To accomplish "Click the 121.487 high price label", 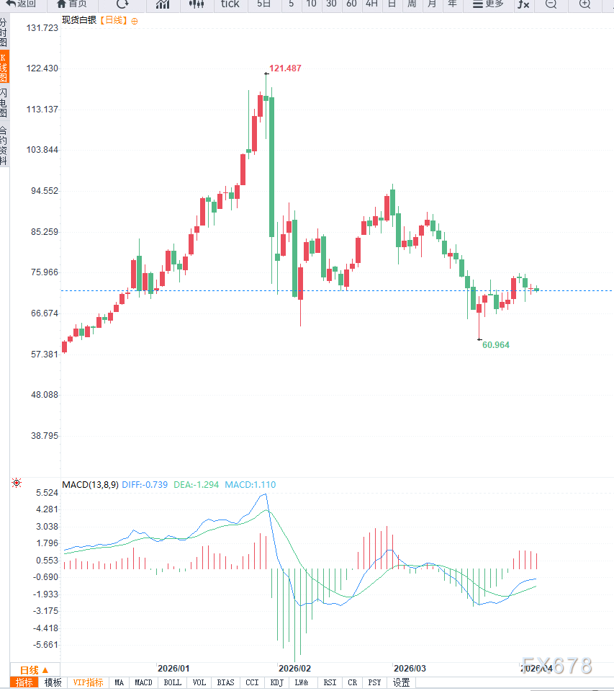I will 285,68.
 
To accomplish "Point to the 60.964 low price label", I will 496,345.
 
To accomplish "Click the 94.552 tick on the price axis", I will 44,191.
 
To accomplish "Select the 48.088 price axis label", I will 44,395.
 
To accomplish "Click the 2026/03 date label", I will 410,669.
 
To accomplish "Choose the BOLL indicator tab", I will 172,682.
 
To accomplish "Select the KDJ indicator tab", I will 276,682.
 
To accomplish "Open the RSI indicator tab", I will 330,682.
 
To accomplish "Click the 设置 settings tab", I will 401,682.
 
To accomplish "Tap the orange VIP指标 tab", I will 88,682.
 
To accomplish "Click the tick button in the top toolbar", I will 230,4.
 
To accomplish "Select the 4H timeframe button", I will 371,4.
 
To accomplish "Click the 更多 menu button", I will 488,4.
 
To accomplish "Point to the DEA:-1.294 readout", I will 197,485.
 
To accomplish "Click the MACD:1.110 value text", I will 250,485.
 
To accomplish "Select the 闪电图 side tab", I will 4,103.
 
